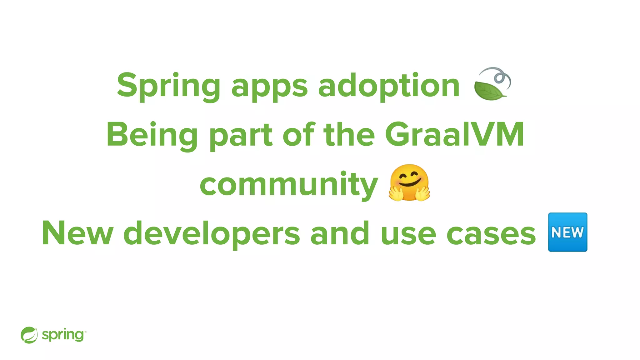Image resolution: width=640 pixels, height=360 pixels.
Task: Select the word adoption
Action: coord(389,85)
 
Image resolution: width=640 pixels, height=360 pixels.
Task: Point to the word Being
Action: coord(152,135)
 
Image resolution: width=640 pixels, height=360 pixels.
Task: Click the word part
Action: coord(241,136)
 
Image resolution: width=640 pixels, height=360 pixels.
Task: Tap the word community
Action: coord(289,185)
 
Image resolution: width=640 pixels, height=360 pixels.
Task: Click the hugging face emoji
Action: coord(409,182)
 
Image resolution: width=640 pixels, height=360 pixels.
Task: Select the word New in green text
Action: coord(77,233)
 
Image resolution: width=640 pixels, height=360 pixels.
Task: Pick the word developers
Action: coord(212,234)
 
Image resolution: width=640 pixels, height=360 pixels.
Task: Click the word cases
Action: coord(491,234)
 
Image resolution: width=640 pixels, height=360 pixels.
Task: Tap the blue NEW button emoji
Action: coord(567,232)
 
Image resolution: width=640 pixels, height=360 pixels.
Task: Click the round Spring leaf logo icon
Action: coord(29,335)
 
